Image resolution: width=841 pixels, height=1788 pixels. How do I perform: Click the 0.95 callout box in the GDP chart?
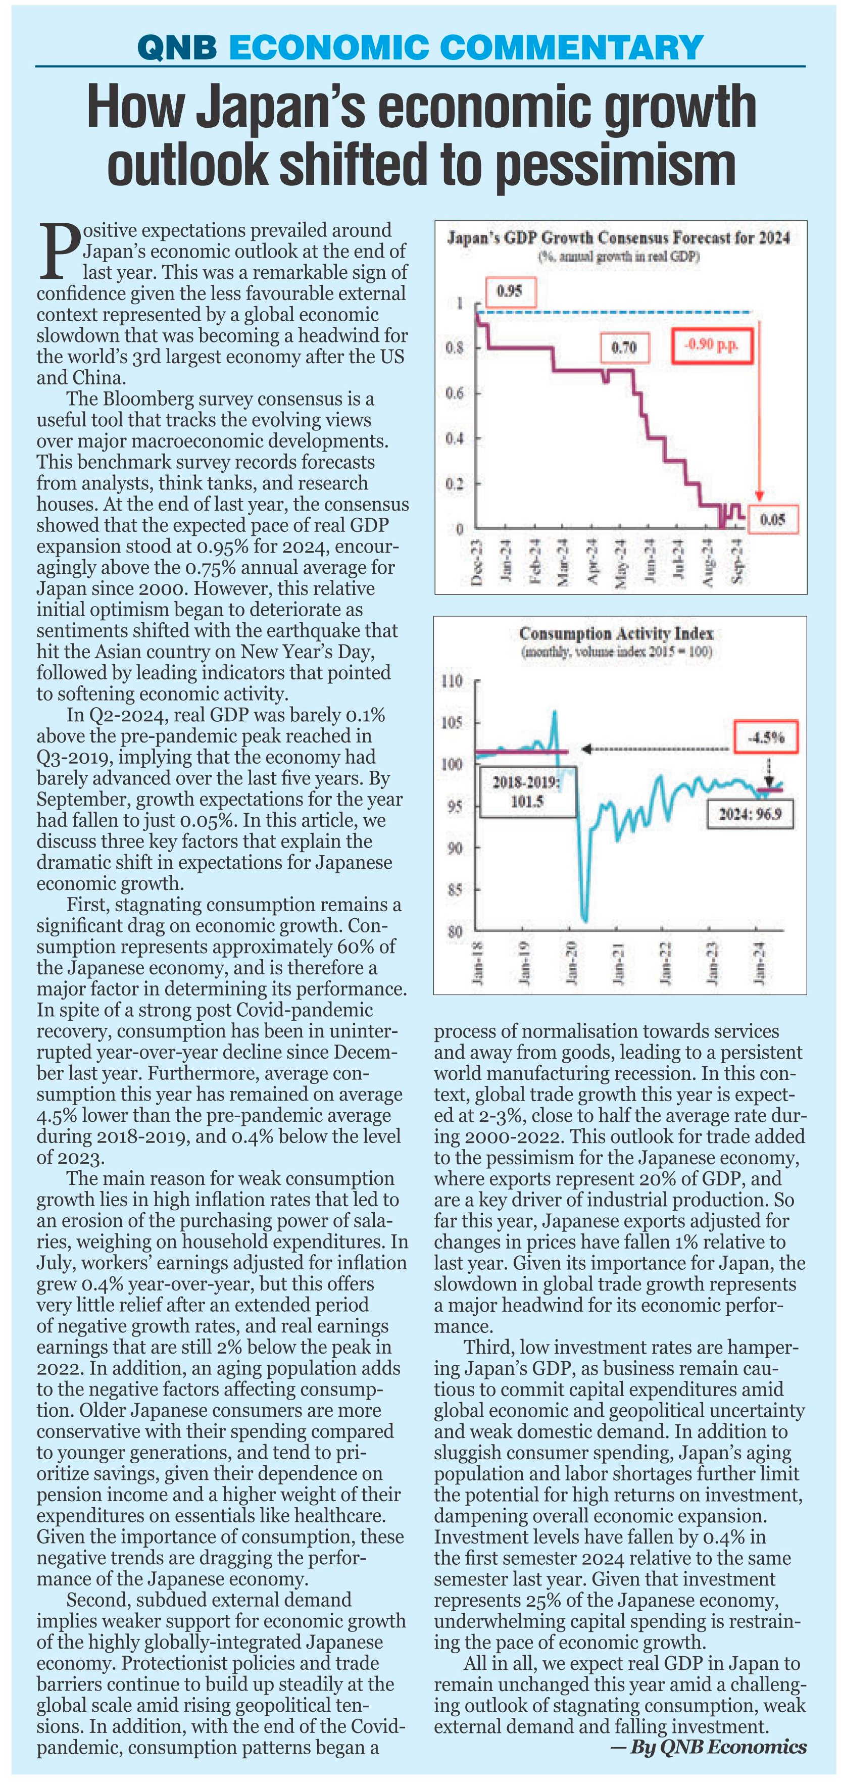[x=509, y=291]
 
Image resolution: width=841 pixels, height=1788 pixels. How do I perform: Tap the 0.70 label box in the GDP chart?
[x=624, y=347]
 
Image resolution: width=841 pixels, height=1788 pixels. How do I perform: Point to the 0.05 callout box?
[x=772, y=519]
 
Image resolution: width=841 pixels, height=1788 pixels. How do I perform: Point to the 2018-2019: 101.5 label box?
[x=527, y=792]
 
